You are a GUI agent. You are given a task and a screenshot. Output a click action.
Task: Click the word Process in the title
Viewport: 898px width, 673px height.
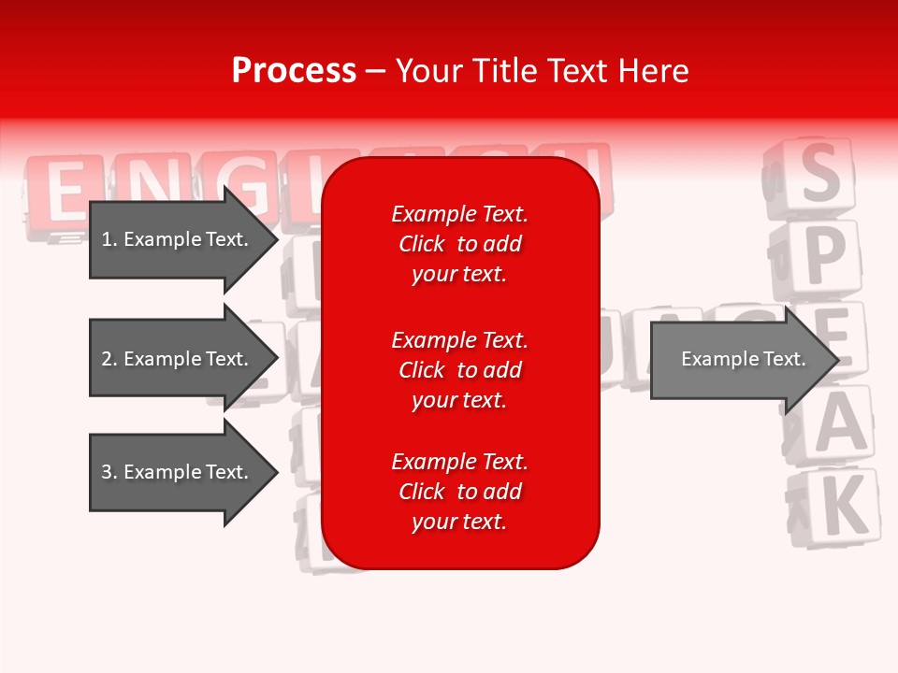coord(294,71)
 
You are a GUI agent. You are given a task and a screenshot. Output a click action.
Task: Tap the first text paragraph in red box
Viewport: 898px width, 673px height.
coord(459,244)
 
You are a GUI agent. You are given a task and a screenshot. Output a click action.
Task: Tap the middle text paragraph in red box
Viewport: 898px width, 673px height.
coord(459,370)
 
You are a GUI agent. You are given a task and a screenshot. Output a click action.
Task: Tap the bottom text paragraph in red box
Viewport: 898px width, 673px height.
coord(459,492)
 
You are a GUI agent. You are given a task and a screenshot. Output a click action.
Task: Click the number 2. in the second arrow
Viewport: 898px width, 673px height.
coord(109,359)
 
